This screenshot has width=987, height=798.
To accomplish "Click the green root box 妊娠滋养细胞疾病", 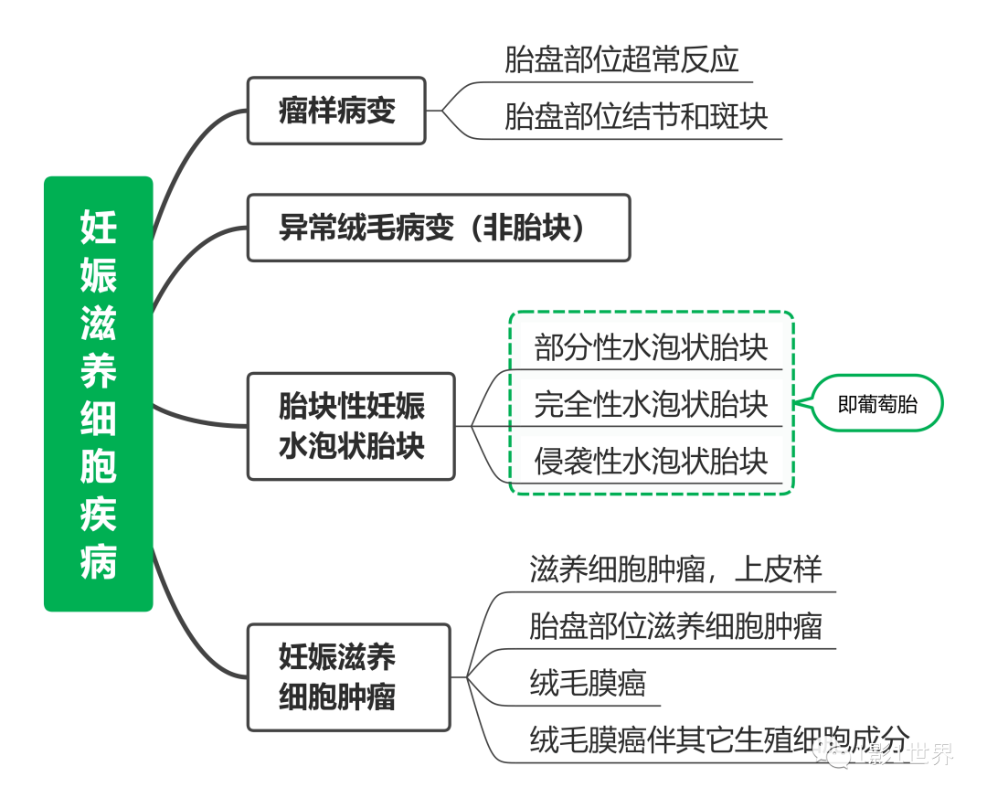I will click(x=98, y=393).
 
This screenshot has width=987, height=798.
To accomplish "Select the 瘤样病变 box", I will click(x=336, y=111).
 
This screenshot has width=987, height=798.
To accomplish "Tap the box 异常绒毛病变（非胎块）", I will click(x=439, y=228).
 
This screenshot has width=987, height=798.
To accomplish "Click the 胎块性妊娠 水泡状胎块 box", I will click(x=351, y=426).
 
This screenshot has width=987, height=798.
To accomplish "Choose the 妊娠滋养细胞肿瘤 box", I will click(x=349, y=677).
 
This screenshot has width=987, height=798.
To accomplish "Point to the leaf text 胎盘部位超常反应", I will click(x=621, y=60).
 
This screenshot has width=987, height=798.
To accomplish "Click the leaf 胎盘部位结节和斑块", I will click(x=636, y=117).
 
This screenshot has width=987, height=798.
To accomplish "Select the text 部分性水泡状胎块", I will click(x=651, y=348).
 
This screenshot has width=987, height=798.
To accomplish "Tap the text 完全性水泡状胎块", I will click(x=651, y=404).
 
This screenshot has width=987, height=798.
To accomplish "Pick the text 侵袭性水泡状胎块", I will click(x=651, y=461).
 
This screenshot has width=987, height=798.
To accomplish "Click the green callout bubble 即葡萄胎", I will click(x=877, y=403).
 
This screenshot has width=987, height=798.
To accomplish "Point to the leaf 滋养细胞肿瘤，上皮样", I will click(x=675, y=569).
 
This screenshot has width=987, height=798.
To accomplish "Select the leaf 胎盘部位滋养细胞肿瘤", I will click(x=675, y=626).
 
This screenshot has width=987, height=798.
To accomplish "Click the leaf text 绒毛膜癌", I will click(x=588, y=683).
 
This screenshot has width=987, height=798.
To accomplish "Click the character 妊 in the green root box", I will click(x=98, y=226).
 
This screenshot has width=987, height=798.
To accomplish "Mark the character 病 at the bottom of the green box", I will click(x=98, y=560).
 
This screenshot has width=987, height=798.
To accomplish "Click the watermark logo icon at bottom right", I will click(x=833, y=754).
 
